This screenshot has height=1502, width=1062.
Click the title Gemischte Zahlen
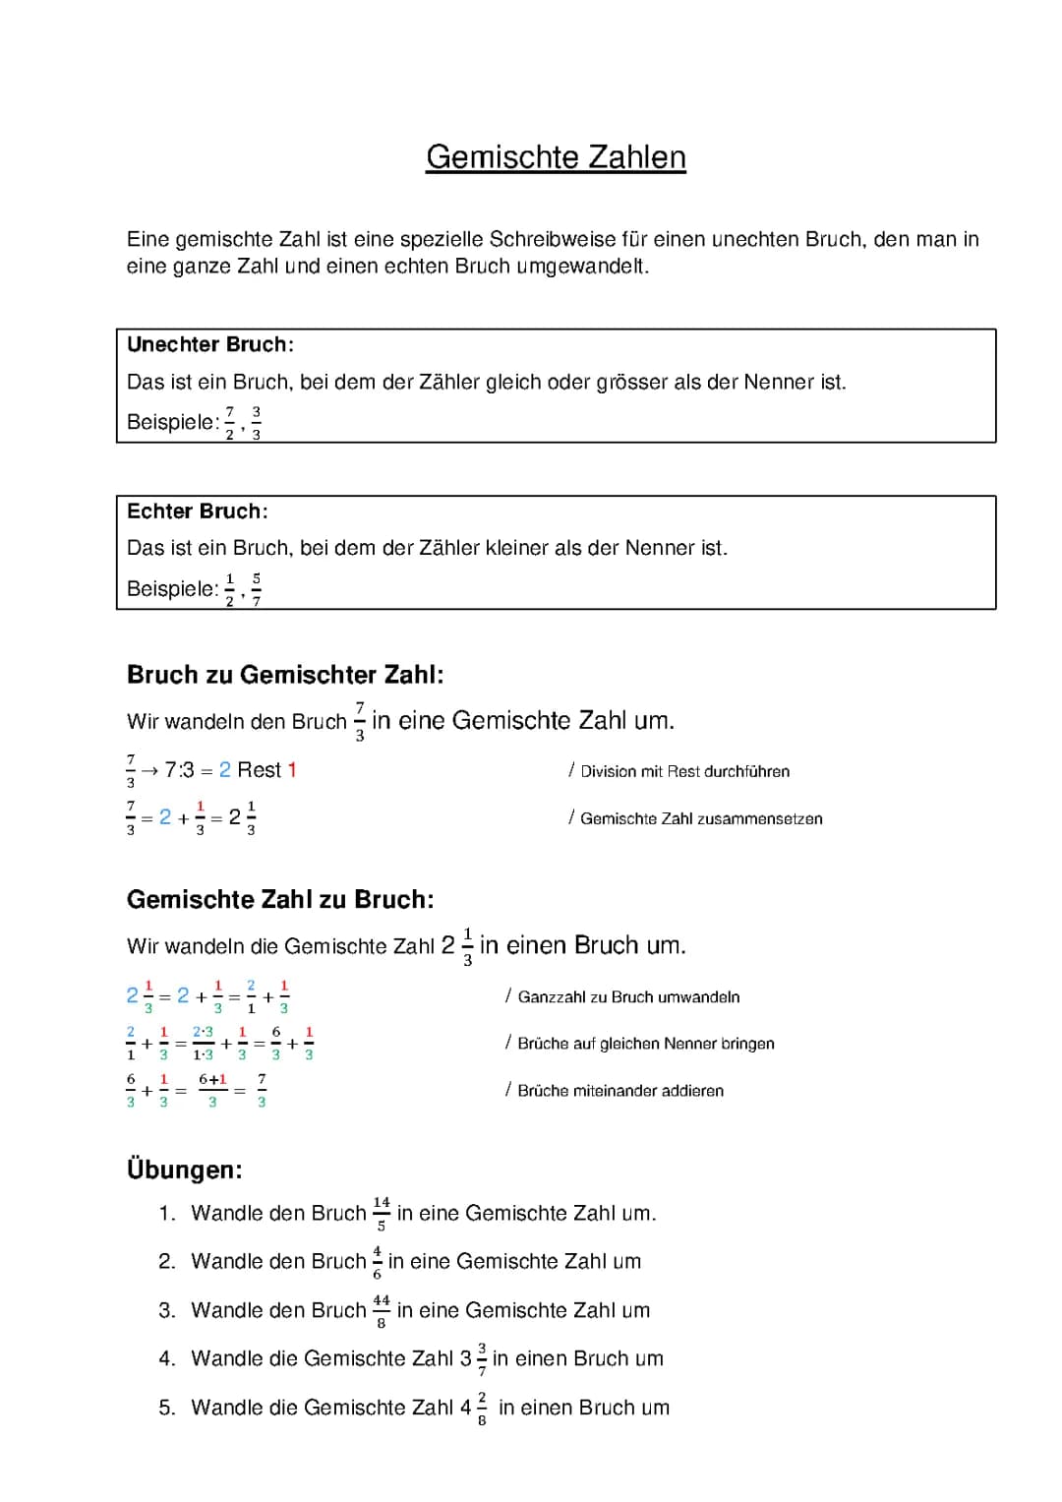[x=556, y=157]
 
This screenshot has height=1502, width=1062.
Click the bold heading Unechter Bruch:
[x=210, y=344]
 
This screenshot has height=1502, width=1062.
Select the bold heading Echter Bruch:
[x=198, y=511]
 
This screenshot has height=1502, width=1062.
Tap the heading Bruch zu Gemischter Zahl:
[x=285, y=675]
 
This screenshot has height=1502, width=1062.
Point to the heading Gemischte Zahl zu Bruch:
[x=280, y=900]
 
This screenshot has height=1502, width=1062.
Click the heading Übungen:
[x=185, y=1170]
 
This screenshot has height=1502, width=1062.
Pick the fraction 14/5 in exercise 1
[x=382, y=1214]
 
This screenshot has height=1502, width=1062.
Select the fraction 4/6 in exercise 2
[x=377, y=1262]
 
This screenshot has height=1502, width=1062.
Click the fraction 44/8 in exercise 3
[x=382, y=1311]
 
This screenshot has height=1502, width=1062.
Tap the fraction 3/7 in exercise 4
[x=482, y=1359]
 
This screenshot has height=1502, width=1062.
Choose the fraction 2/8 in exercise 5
[x=482, y=1409]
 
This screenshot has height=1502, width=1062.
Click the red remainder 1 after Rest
[x=292, y=770]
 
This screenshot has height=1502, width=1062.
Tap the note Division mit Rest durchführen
[x=684, y=772]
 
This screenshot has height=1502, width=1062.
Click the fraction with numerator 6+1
[x=212, y=1091]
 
